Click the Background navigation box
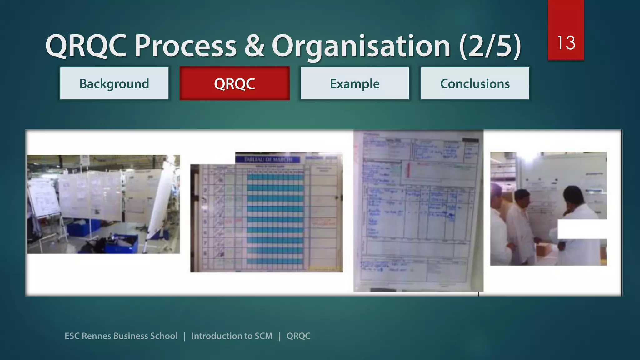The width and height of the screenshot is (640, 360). (x=114, y=84)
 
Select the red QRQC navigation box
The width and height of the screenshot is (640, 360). (x=234, y=84)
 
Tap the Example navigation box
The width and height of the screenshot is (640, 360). (x=355, y=84)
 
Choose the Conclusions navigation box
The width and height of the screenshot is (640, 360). (x=475, y=84)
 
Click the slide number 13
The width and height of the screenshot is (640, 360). (x=566, y=43)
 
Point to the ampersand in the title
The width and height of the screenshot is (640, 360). (x=254, y=46)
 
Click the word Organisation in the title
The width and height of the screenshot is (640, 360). (x=361, y=46)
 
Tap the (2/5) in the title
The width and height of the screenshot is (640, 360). (x=490, y=46)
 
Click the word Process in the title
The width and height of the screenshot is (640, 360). (x=185, y=46)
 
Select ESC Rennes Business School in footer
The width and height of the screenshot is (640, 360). (x=121, y=336)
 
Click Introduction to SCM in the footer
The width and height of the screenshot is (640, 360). (x=232, y=336)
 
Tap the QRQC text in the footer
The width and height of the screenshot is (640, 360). (x=298, y=336)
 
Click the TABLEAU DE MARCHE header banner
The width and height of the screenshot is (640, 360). (x=268, y=160)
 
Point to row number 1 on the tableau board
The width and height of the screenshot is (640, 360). (x=206, y=180)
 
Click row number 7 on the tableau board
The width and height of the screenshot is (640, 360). (x=205, y=243)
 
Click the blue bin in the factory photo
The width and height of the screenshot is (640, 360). (x=122, y=244)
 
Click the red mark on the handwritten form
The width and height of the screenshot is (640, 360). (x=407, y=170)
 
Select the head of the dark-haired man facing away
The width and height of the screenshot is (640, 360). (x=573, y=195)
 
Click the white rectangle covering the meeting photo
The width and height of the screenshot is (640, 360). (x=582, y=229)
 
